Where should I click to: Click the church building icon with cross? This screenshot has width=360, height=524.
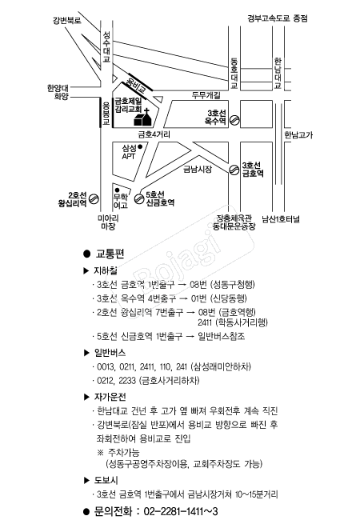click(143, 118)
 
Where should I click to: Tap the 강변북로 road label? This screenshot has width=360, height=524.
click(67, 20)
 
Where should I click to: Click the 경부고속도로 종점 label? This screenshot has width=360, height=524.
click(278, 18)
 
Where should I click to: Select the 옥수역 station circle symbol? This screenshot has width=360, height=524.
click(234, 120)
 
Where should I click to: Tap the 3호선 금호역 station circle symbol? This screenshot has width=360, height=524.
click(234, 170)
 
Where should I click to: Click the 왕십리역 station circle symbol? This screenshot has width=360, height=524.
click(94, 199)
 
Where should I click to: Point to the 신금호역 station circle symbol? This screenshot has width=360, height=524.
click(139, 199)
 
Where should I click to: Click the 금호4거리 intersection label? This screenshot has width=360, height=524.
click(154, 134)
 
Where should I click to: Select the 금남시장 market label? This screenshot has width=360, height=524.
click(198, 169)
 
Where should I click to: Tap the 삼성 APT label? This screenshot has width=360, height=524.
click(129, 152)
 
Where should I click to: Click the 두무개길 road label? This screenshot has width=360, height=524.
click(206, 95)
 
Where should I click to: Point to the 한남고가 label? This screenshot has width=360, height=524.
click(298, 135)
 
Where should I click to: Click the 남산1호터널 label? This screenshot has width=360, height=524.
click(281, 219)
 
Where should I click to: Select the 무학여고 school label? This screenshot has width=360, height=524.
click(121, 201)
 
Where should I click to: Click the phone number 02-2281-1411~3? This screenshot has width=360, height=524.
click(181, 511)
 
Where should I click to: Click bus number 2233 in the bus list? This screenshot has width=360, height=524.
click(127, 380)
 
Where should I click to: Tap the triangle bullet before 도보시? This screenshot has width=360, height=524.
click(86, 481)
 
